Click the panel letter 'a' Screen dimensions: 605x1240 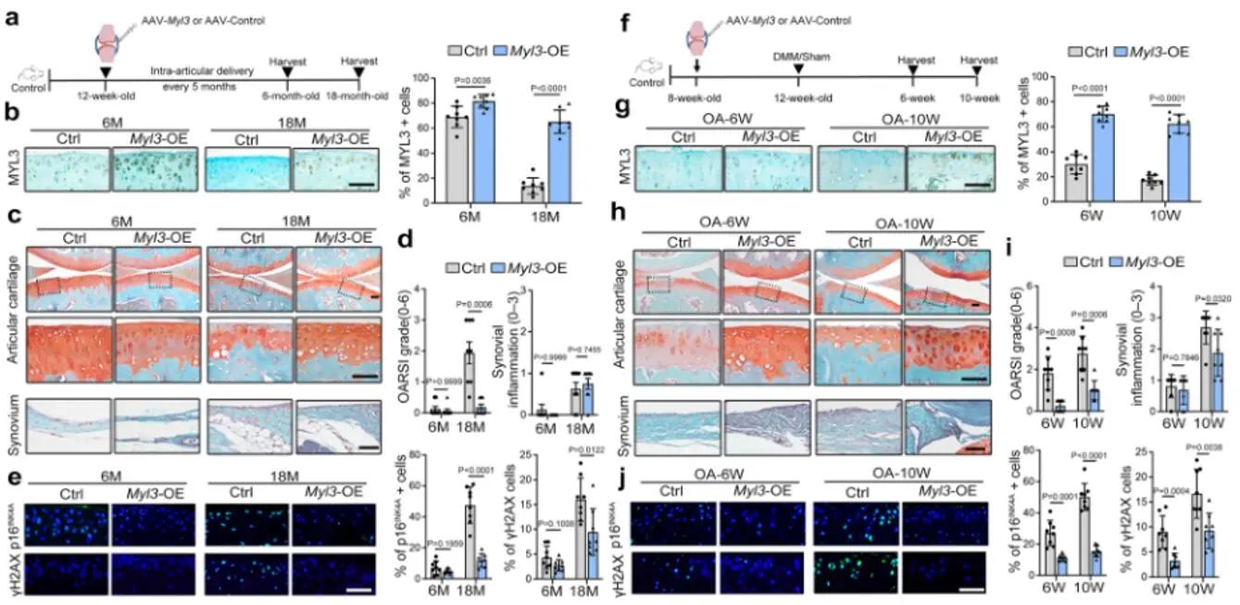pos(12,16)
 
